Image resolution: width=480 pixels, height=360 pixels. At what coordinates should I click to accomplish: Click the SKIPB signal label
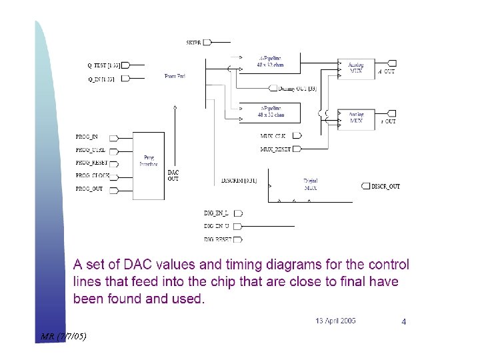pyautogui.click(x=193, y=43)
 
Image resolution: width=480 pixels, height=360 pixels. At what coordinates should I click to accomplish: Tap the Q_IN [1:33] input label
pyautogui.click(x=101, y=79)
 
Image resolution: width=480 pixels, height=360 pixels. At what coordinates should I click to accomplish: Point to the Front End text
pyautogui.click(x=175, y=77)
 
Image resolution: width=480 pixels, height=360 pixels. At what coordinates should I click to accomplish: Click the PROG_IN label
pyautogui.click(x=87, y=137)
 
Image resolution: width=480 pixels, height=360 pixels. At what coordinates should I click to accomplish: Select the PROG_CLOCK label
pyautogui.click(x=93, y=176)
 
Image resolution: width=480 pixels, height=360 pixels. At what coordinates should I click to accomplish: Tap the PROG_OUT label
pyautogui.click(x=90, y=189)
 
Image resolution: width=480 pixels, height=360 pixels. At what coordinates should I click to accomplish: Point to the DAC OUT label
pyautogui.click(x=173, y=175)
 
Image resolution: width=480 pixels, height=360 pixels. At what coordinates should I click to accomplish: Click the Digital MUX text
pyautogui.click(x=310, y=185)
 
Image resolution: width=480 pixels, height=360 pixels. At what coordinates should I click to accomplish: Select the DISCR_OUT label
pyautogui.click(x=386, y=187)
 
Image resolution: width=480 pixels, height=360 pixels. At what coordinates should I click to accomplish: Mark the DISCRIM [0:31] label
pyautogui.click(x=239, y=180)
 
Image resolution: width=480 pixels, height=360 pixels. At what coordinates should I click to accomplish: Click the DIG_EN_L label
pyautogui.click(x=216, y=213)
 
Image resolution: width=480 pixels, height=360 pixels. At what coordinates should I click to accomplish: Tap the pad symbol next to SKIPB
pyautogui.click(x=207, y=43)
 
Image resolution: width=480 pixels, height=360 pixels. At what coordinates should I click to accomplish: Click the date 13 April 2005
pyautogui.click(x=335, y=321)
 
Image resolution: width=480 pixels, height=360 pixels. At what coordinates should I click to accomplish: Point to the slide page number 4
pyautogui.click(x=404, y=322)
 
